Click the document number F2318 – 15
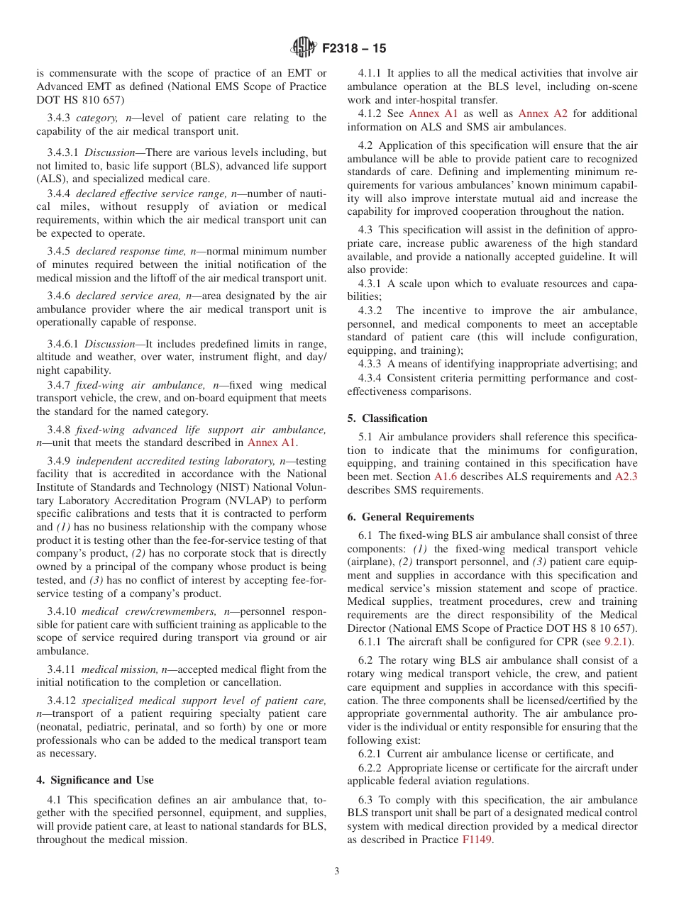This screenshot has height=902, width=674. pos(354,49)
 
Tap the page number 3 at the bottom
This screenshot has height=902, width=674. pos(337,872)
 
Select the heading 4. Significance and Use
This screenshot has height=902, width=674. pos(95,780)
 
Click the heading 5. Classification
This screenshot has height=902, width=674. pos(387,418)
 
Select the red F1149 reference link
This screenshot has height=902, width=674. pos(477,839)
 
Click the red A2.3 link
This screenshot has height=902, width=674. pos(626,477)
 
